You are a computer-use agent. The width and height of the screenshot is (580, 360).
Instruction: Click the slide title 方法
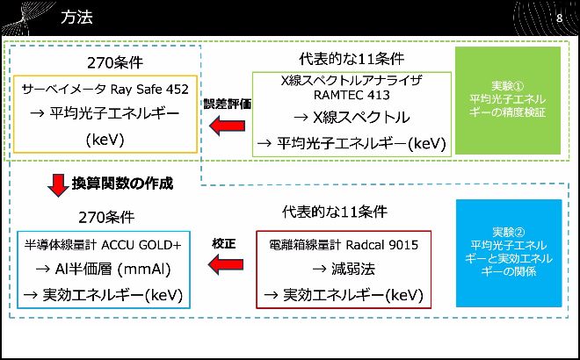pyautogui.click(x=76, y=18)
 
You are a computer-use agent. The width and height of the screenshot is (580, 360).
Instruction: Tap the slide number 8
pyautogui.click(x=559, y=18)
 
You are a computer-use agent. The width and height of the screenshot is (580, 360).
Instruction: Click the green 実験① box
pyautogui.click(x=508, y=100)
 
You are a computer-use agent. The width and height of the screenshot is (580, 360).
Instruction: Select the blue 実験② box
pyautogui.click(x=509, y=253)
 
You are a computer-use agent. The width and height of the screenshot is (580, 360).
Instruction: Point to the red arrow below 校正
pyautogui.click(x=226, y=262)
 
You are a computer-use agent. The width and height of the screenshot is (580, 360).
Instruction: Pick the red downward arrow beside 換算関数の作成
pyautogui.click(x=57, y=185)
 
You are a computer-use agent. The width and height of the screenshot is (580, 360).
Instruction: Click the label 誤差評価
pyautogui.click(x=228, y=103)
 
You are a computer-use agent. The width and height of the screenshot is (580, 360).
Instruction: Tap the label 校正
pyautogui.click(x=225, y=241)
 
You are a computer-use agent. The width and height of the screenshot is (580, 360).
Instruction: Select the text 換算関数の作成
pyautogui.click(x=122, y=184)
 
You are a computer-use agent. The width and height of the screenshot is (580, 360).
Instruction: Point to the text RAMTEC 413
pyautogui.click(x=351, y=95)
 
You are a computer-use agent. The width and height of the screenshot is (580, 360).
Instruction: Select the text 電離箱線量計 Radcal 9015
pyautogui.click(x=343, y=244)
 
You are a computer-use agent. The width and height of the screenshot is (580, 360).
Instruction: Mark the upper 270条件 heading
pyautogui.click(x=114, y=63)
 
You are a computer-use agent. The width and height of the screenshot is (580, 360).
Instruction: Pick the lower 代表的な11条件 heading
pyautogui.click(x=334, y=212)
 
